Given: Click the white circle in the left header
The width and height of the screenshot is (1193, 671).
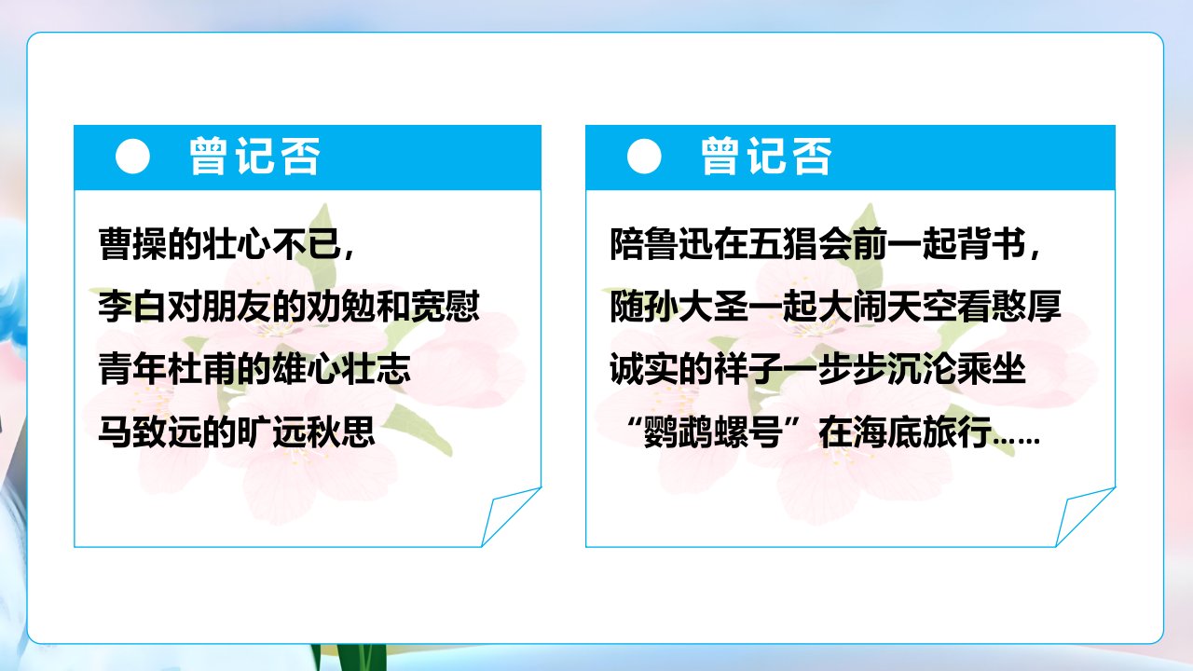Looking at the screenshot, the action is [x=132, y=157].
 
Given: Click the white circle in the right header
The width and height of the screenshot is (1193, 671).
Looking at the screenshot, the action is [x=644, y=157].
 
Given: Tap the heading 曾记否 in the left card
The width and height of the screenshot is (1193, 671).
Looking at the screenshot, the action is [x=254, y=156].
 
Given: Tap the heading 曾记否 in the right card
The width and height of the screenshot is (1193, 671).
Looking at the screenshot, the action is [x=766, y=156].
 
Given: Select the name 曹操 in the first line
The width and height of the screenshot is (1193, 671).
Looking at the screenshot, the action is [x=133, y=244].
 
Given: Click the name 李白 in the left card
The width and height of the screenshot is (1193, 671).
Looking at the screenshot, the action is [x=133, y=307].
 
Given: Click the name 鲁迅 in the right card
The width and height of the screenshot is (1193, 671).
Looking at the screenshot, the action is [x=679, y=244].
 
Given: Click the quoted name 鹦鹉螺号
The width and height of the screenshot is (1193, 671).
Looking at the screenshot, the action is [x=714, y=431].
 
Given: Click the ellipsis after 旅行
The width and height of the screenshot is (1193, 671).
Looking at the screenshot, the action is [x=1016, y=440].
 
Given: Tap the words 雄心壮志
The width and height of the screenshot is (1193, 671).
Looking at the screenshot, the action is [x=341, y=368].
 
